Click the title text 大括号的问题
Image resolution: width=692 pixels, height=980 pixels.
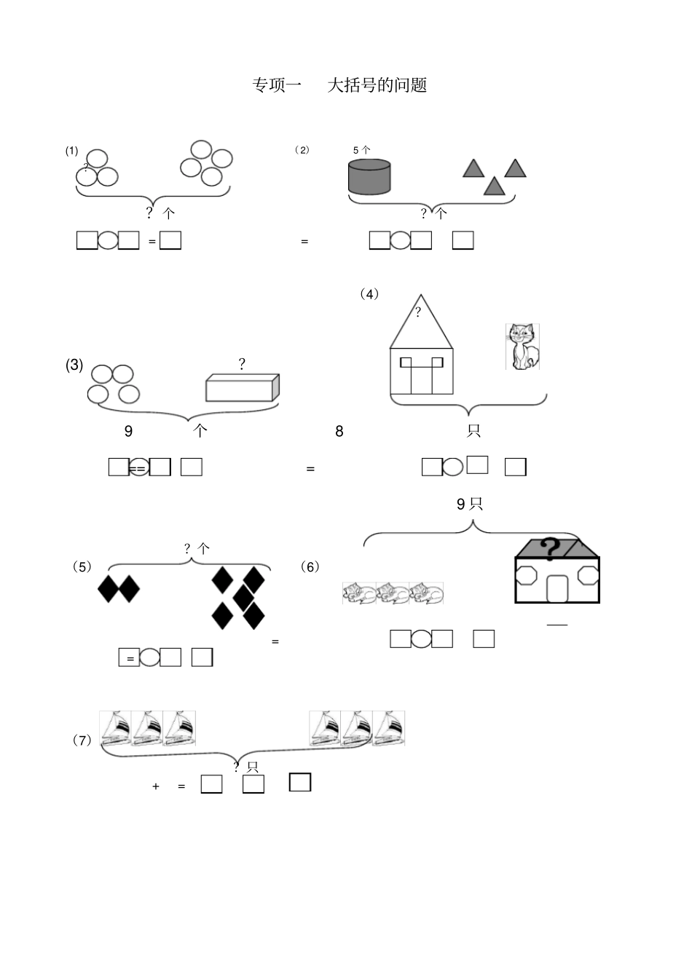click(377, 85)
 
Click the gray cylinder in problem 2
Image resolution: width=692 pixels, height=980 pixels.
click(369, 177)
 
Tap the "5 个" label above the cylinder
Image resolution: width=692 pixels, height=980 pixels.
click(361, 150)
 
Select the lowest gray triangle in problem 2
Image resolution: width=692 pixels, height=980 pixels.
click(494, 186)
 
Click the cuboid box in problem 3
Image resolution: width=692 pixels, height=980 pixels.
click(243, 387)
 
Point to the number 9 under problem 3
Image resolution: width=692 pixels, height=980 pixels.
click(128, 431)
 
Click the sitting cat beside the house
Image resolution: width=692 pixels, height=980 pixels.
click(522, 347)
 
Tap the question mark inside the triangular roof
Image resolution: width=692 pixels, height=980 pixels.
click(418, 312)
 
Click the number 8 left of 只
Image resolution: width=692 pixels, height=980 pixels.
click(339, 431)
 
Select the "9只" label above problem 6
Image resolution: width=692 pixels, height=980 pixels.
click(469, 504)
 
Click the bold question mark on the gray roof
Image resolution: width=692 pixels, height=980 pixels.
click(550, 549)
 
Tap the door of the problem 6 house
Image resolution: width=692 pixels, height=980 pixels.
click(558, 588)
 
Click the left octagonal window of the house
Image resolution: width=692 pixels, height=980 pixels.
click(527, 575)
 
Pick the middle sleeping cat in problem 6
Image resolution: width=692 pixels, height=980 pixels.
click(393, 593)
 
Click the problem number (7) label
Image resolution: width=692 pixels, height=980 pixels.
click(82, 740)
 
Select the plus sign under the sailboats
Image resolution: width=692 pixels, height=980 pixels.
click(155, 786)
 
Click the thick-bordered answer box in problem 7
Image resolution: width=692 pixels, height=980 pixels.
click(300, 782)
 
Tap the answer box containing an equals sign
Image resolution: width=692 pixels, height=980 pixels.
click(129, 657)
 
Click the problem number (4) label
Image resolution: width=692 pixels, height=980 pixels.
click(369, 294)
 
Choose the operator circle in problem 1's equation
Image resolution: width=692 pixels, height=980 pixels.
click(108, 240)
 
